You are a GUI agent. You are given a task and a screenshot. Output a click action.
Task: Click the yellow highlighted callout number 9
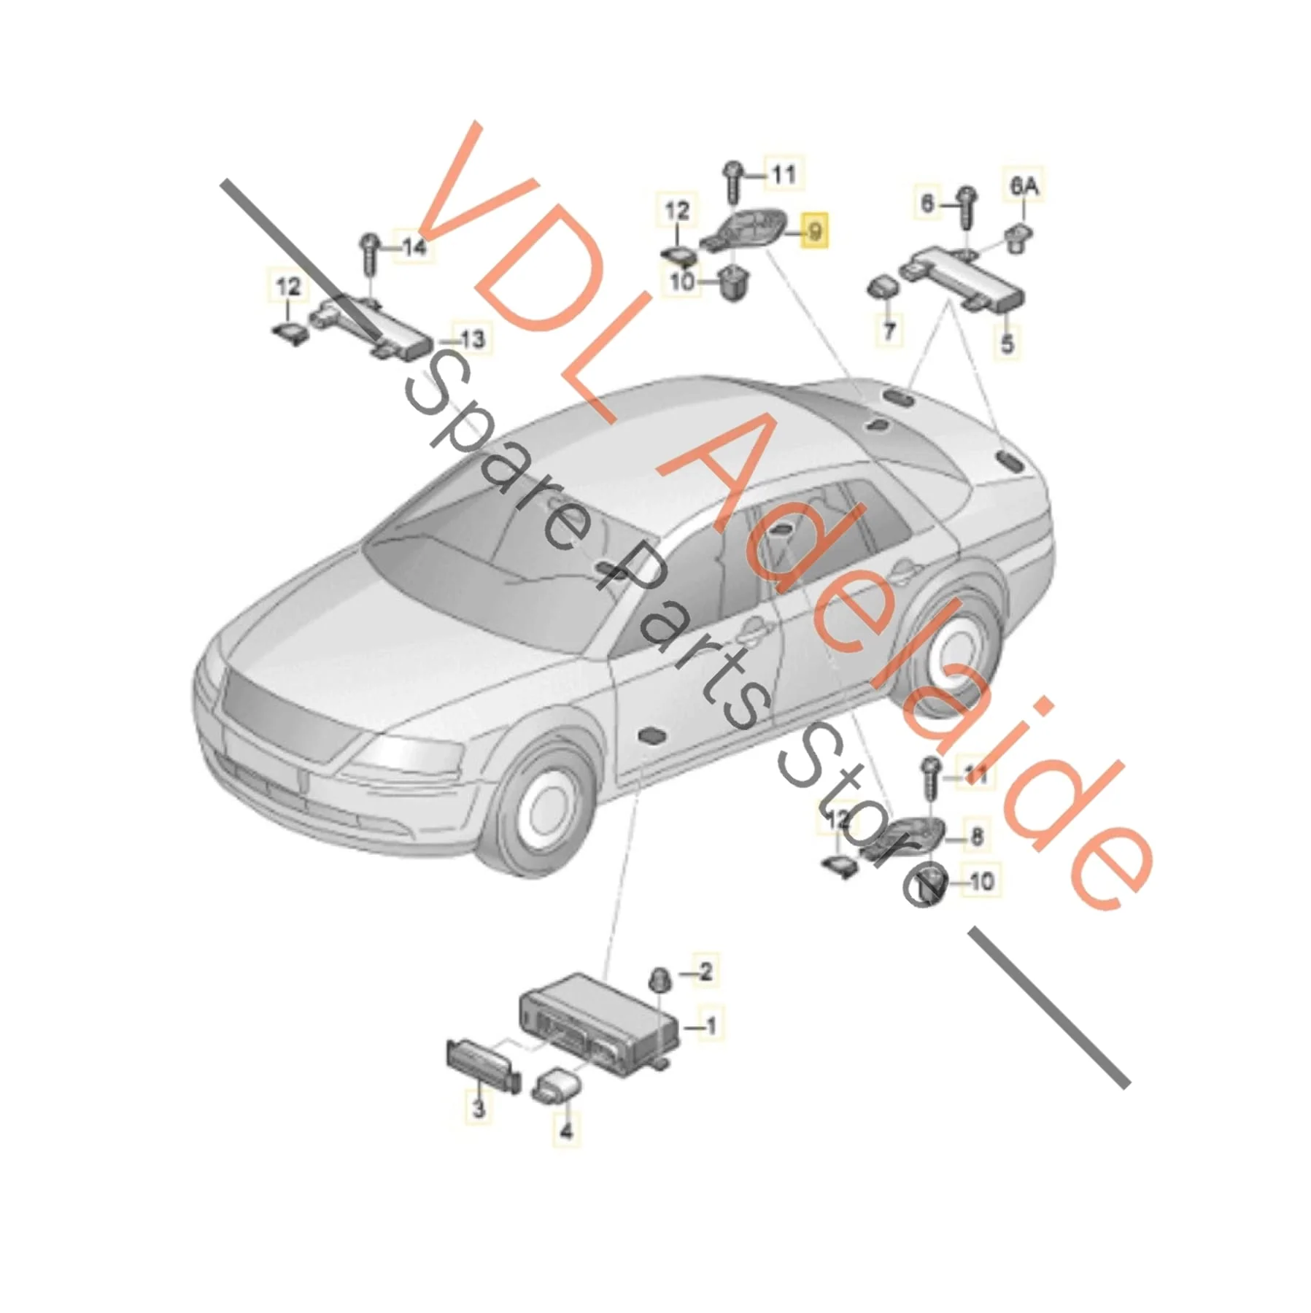[815, 232]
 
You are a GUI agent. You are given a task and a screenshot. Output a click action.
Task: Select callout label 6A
[1023, 187]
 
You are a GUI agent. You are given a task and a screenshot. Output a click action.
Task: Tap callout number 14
[414, 247]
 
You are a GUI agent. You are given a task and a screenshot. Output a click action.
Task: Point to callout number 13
[472, 339]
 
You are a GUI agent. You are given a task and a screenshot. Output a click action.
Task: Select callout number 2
[704, 971]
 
